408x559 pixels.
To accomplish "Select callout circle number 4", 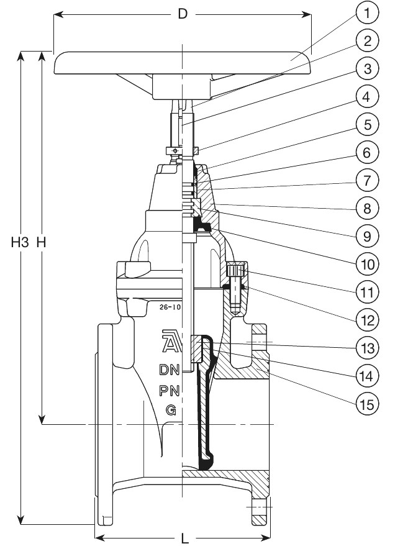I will tap(368, 96).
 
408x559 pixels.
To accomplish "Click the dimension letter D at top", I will tap(183, 14).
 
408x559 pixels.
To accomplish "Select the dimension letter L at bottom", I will tap(184, 540).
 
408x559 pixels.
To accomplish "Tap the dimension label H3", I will tap(20, 243).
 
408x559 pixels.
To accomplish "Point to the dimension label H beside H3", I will tap(42, 243).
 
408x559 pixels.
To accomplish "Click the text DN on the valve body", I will tap(170, 370).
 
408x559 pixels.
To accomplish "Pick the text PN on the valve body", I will tap(170, 391).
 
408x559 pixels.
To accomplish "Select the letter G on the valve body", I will tap(170, 410).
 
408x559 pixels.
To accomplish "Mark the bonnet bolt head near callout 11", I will tap(236, 271).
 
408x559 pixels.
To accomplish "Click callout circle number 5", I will tap(368, 124).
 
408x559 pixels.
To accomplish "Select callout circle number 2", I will tap(368, 41).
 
